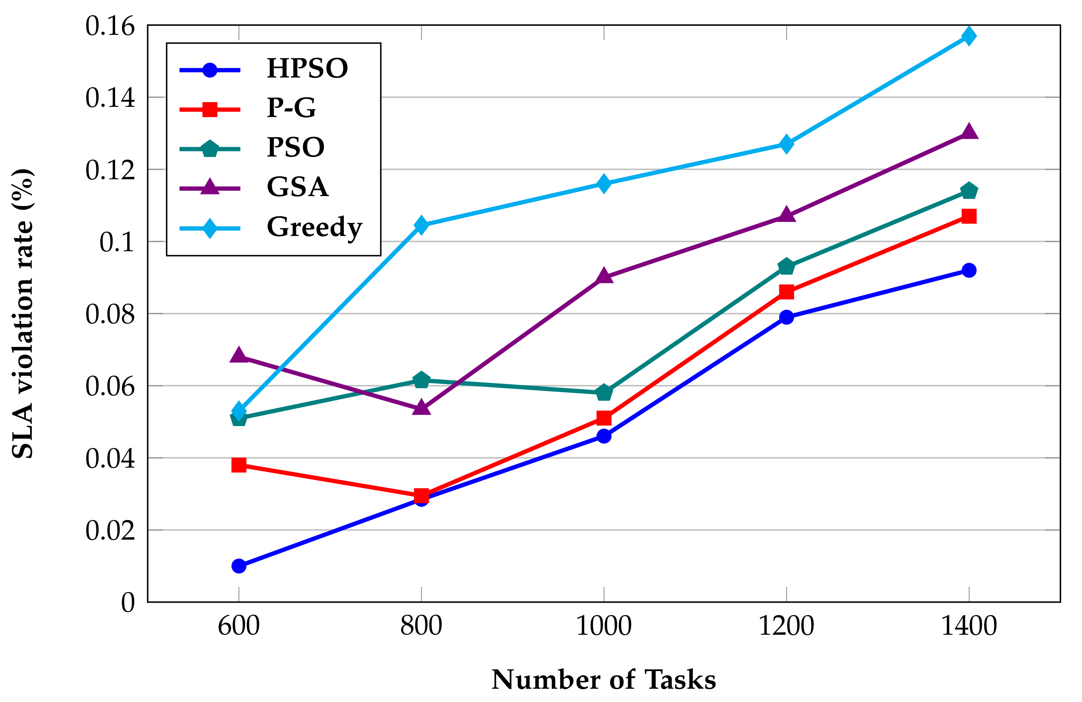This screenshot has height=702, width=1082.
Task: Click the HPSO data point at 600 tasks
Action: pyautogui.click(x=238, y=566)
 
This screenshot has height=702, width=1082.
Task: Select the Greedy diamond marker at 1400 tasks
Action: pyautogui.click(x=969, y=36)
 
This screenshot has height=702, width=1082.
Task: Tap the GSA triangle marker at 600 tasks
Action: pyautogui.click(x=238, y=355)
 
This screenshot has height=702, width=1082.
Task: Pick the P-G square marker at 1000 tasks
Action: pyautogui.click(x=604, y=418)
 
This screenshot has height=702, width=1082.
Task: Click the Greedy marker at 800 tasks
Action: pyautogui.click(x=421, y=225)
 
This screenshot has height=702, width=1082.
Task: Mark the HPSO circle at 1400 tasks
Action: pyautogui.click(x=969, y=270)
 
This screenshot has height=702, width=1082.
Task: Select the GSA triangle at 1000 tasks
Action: pyautogui.click(x=604, y=276)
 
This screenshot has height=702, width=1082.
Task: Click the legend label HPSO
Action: pyautogui.click(x=307, y=68)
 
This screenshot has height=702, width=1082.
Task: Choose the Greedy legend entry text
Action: pyautogui.click(x=314, y=227)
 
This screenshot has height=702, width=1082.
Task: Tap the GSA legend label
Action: pyautogui.click(x=297, y=187)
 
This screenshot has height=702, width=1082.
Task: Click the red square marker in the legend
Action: pyautogui.click(x=210, y=109)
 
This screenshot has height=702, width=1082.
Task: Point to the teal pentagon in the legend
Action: pyautogui.click(x=210, y=149)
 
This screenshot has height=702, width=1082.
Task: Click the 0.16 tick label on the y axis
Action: pyautogui.click(x=110, y=26)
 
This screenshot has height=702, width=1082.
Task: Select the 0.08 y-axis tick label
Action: pyautogui.click(x=110, y=314)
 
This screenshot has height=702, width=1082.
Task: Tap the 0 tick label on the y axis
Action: pyautogui.click(x=128, y=603)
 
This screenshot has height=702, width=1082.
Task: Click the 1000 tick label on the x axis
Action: pyautogui.click(x=604, y=626)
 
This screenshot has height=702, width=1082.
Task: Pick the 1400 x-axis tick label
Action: pyautogui.click(x=969, y=626)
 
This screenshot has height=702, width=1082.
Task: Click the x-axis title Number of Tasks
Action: pyautogui.click(x=604, y=680)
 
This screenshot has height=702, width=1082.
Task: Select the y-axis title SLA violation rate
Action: pyautogui.click(x=22, y=313)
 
